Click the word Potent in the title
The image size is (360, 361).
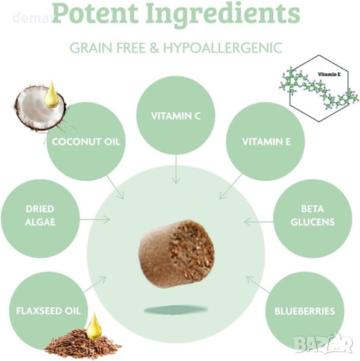[x=95, y=13]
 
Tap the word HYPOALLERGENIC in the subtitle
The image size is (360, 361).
[x=223, y=48]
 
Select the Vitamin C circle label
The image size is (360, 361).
[x=176, y=116]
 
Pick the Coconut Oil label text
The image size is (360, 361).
[x=86, y=141]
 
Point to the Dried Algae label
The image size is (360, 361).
[x=40, y=215]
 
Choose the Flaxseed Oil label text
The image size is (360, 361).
[x=49, y=311]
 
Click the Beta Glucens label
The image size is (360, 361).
[x=312, y=215]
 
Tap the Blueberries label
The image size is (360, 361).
[x=305, y=311]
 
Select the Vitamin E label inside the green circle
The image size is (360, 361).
[x=266, y=142]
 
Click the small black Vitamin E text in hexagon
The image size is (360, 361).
[x=329, y=74]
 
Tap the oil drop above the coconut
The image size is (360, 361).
[x=51, y=95]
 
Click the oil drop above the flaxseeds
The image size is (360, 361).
[x=94, y=326]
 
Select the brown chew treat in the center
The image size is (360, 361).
[x=176, y=254]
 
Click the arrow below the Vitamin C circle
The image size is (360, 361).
[x=176, y=169]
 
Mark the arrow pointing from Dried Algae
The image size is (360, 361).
[x=95, y=220]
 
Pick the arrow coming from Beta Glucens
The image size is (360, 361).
[x=258, y=222]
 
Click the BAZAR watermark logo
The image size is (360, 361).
[x=324, y=344]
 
